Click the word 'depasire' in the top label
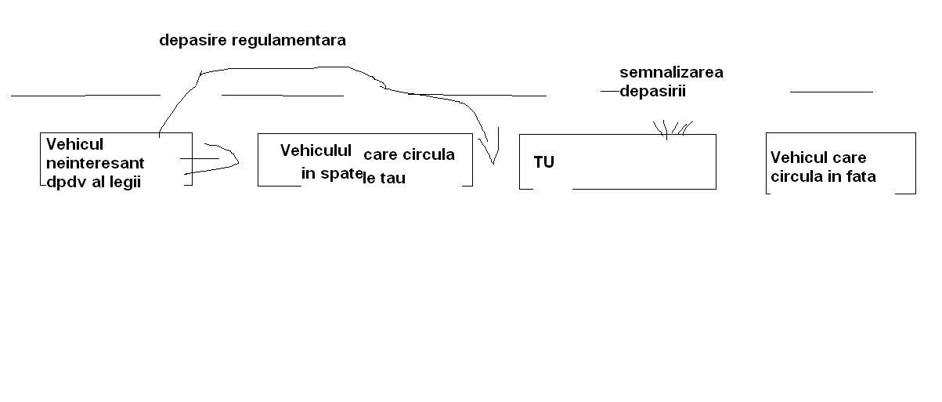(x=193, y=40)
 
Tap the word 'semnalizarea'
(x=671, y=73)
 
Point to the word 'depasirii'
(x=652, y=90)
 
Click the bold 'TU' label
(x=543, y=163)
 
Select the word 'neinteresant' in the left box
(x=95, y=164)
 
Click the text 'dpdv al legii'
(x=93, y=183)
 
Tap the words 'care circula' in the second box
(x=409, y=154)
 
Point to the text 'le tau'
(x=384, y=179)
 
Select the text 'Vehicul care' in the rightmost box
(x=818, y=158)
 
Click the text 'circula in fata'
(x=823, y=176)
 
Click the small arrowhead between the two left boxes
(x=235, y=160)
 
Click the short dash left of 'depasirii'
(x=609, y=92)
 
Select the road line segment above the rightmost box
(x=831, y=92)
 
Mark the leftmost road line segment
(x=85, y=95)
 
